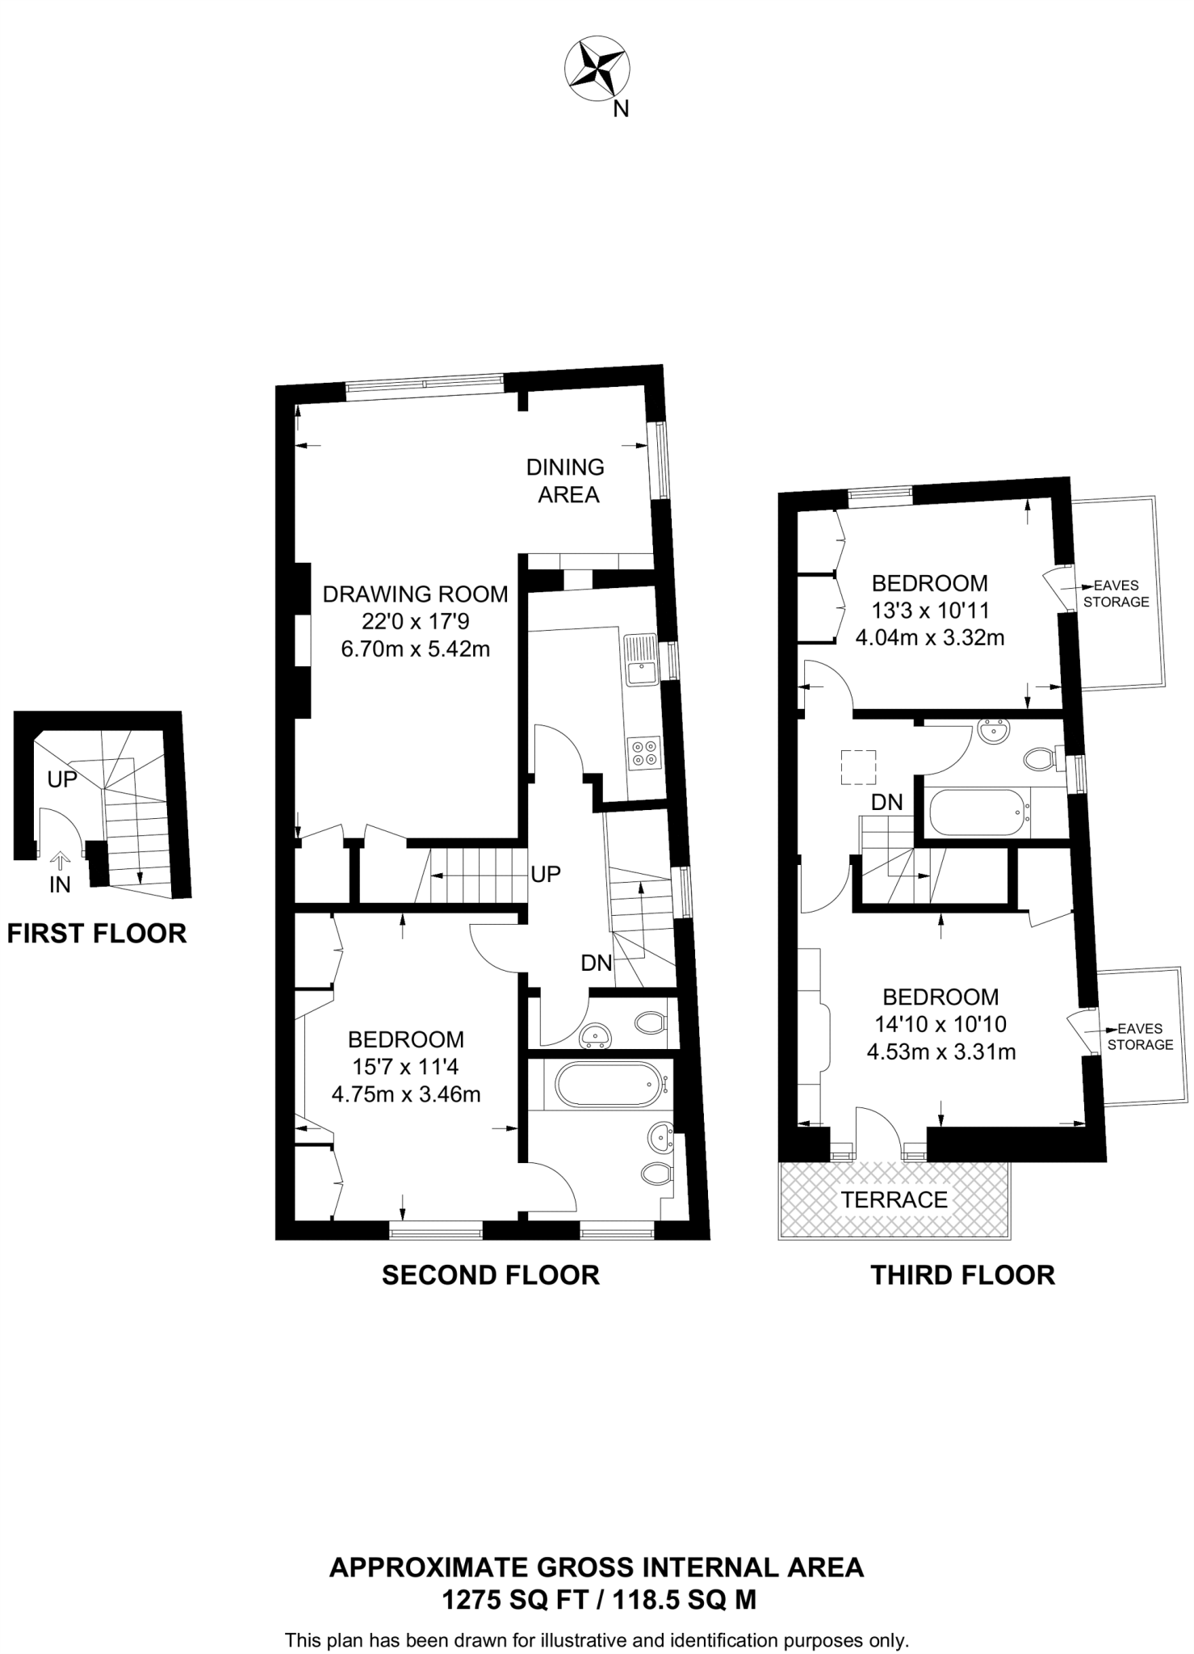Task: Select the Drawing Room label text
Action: tap(415, 594)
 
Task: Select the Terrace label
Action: tap(894, 1199)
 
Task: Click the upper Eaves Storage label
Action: tap(1116, 594)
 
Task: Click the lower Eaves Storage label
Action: tap(1139, 1036)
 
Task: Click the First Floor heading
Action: tap(97, 934)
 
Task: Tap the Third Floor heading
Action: tap(962, 1274)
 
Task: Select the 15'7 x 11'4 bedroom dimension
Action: tap(405, 1067)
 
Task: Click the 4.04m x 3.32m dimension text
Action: tap(929, 638)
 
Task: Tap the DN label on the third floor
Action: tap(886, 802)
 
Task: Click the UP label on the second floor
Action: tap(546, 874)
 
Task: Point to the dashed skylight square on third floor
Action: tap(858, 766)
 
